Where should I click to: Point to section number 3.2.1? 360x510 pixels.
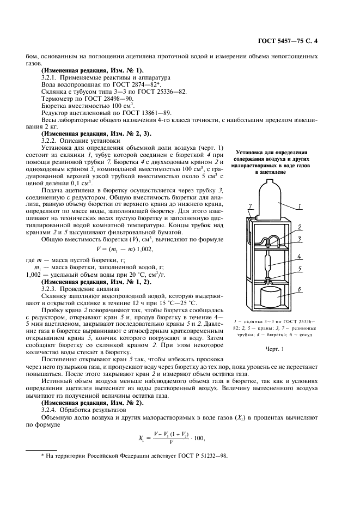point(50,77)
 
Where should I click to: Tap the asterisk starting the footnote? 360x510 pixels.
point(42,462)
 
